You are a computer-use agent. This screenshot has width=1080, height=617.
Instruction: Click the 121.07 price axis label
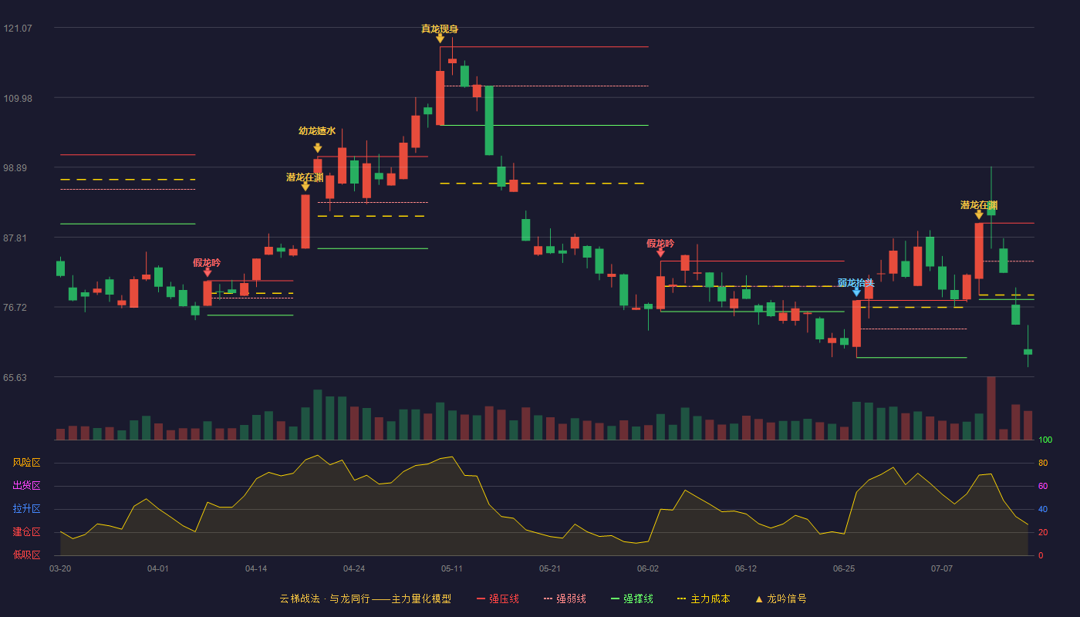(x=18, y=29)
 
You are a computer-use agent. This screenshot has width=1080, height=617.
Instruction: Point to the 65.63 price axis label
(x=15, y=377)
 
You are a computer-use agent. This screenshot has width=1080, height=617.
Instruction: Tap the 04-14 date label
(x=256, y=569)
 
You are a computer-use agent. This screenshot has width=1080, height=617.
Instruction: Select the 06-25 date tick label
(x=844, y=569)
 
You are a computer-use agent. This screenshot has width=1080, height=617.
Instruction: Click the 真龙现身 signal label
(x=439, y=29)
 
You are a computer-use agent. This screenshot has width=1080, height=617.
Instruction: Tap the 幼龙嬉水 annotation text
(x=317, y=131)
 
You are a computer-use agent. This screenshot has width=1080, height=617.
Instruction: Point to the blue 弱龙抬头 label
(x=856, y=283)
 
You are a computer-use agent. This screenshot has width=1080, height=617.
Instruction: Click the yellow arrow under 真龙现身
(x=440, y=39)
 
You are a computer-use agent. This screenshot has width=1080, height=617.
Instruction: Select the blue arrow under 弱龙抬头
(x=856, y=292)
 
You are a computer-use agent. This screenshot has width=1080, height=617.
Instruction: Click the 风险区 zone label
(x=26, y=463)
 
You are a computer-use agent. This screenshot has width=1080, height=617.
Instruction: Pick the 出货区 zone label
(x=26, y=485)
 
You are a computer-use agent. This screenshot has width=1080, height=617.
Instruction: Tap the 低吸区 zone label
(x=26, y=555)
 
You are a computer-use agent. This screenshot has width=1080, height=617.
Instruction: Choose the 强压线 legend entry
(x=498, y=598)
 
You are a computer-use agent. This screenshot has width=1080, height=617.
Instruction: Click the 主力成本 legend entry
(x=704, y=598)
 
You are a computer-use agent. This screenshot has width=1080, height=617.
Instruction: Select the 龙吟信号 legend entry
(x=781, y=598)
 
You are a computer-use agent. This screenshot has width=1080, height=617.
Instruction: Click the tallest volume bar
(x=991, y=408)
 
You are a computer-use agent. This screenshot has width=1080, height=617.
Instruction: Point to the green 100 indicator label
(x=1045, y=440)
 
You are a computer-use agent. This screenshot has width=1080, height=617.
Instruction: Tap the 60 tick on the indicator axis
(x=1043, y=486)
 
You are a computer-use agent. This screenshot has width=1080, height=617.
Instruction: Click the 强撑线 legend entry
(x=632, y=598)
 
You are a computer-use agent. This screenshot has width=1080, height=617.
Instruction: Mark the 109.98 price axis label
(x=18, y=99)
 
